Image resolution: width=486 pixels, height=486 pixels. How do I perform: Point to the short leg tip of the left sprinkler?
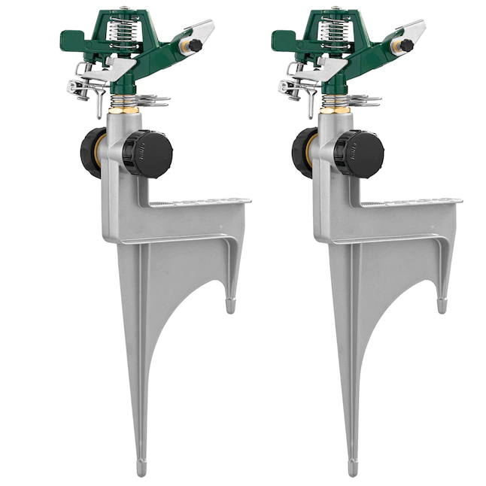230,305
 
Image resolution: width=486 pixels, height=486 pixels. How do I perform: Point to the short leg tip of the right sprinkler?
442,305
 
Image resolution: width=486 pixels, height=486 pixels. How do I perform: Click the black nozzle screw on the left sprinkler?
195,46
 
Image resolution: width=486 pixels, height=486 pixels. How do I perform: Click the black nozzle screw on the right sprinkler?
406,46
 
